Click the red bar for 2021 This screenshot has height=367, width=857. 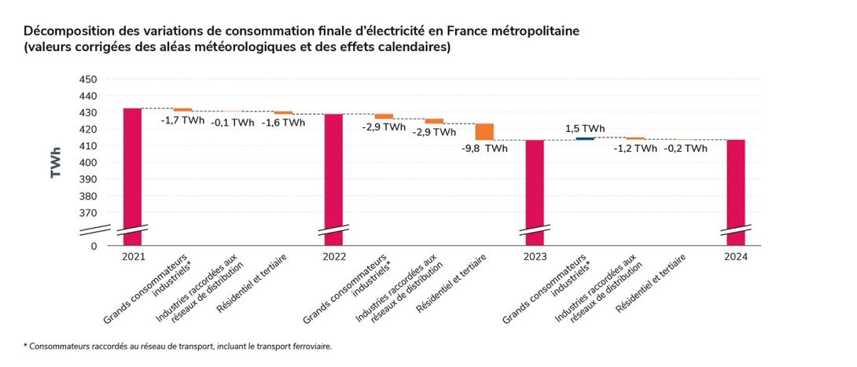click(132, 173)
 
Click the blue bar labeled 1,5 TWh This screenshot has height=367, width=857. click(585, 139)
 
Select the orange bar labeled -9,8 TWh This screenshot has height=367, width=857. click(484, 132)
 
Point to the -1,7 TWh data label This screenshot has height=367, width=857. click(182, 121)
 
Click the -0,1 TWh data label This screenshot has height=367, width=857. click(233, 123)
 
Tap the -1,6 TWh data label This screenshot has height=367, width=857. click(283, 123)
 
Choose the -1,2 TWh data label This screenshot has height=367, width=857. click(635, 148)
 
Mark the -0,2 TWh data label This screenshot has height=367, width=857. click(686, 148)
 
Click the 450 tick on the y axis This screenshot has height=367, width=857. click(88, 79)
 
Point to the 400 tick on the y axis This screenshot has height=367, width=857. click(88, 163)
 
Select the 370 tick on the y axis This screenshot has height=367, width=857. click(88, 213)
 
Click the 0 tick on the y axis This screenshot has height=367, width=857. click(93, 246)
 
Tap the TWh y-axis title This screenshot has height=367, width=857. click(57, 162)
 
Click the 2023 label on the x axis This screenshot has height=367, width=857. click(535, 257)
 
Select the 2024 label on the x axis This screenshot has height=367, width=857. click(736, 257)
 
